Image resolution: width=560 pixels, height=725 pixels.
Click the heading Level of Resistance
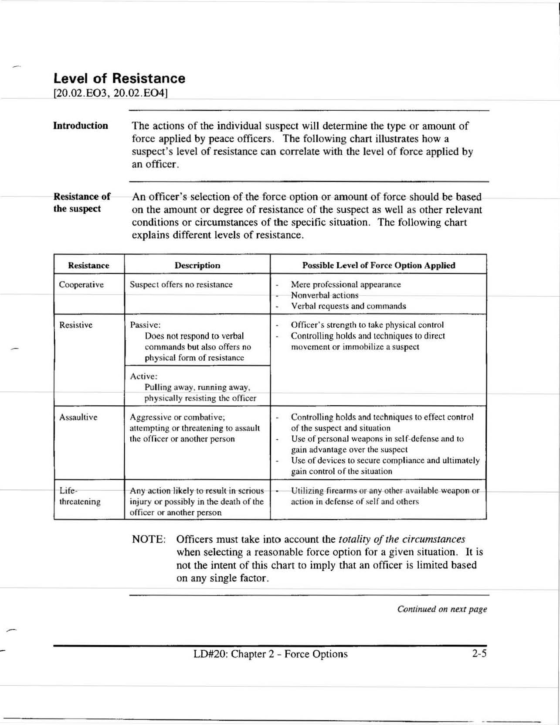[119, 79]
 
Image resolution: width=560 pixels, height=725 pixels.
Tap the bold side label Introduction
[81, 126]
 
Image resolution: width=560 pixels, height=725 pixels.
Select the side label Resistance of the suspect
[81, 202]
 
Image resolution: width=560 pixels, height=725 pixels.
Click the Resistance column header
[88, 265]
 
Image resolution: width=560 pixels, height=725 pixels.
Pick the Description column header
[197, 265]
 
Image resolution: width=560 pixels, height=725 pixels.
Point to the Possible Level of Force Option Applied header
[378, 265]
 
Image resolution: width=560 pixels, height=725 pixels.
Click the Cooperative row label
[81, 285]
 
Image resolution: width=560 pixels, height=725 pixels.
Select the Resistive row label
[76, 325]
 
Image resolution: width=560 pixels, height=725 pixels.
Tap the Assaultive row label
[78, 417]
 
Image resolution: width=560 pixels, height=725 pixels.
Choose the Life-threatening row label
[80, 496]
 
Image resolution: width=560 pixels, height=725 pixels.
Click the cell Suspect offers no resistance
[181, 285]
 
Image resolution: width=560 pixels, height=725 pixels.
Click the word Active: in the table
[144, 376]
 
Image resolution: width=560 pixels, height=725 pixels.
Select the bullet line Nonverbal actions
[324, 295]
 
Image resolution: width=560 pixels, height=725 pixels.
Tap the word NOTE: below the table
[149, 539]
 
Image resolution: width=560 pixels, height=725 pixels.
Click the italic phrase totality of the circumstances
[401, 539]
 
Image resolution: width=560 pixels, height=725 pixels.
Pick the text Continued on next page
[441, 609]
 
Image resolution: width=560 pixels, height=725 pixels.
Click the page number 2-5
[479, 653]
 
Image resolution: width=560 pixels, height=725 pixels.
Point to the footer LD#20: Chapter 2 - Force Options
[271, 654]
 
